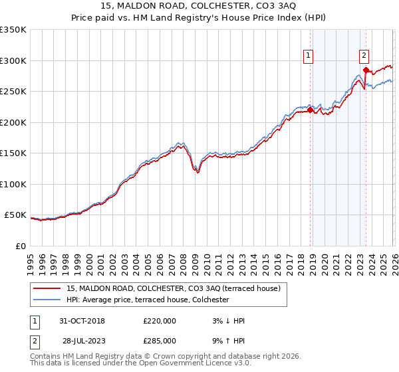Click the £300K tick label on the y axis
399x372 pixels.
(13, 60)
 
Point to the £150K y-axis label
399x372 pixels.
(13, 153)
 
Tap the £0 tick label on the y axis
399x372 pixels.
(20, 246)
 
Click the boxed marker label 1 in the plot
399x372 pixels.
(310, 56)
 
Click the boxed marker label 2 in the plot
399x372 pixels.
(365, 56)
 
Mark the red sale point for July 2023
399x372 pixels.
(366, 70)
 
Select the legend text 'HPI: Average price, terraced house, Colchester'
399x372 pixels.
(148, 300)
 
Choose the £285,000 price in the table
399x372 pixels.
(160, 340)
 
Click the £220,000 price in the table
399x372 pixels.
(160, 320)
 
